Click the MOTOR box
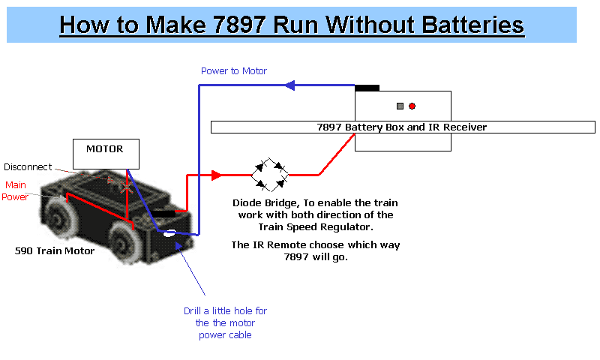click(104, 153)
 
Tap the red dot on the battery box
click(412, 106)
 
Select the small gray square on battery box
click(400, 106)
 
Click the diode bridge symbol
click(271, 175)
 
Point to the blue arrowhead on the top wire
click(289, 85)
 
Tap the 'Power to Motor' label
click(234, 71)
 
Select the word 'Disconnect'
click(28, 167)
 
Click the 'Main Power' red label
click(16, 191)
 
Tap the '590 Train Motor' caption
click(55, 250)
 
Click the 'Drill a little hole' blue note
click(225, 322)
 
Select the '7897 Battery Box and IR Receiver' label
click(402, 127)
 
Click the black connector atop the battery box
click(367, 87)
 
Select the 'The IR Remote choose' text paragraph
click(315, 251)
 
